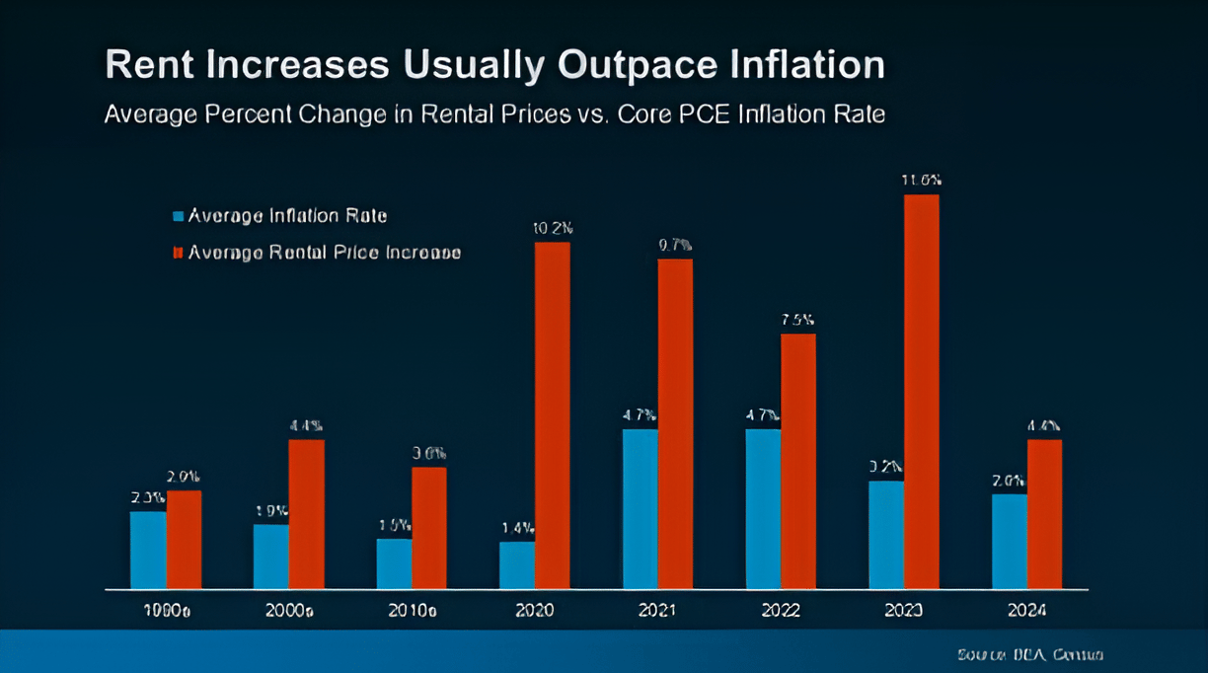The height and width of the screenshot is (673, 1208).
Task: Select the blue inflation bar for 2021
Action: [640, 509]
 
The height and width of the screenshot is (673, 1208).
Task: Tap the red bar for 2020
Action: [552, 415]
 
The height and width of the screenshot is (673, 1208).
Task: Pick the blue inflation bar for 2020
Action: [516, 565]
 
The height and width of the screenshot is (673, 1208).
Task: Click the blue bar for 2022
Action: [763, 509]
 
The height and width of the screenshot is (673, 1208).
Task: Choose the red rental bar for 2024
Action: [1044, 514]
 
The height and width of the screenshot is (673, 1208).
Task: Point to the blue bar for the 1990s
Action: [148, 550]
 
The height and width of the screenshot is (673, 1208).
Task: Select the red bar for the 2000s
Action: [306, 514]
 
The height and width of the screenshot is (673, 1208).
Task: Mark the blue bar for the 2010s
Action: [394, 563]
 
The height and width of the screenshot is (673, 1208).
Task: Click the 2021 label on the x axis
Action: [657, 611]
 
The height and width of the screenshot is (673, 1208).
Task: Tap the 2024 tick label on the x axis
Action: [1027, 611]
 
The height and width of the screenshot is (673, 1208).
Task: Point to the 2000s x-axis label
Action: [289, 611]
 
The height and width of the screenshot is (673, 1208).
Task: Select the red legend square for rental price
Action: [179, 253]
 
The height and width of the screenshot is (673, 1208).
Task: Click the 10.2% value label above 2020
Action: [553, 228]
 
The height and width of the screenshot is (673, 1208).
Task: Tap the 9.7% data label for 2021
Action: [675, 245]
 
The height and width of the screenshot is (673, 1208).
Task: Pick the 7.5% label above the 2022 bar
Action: [798, 320]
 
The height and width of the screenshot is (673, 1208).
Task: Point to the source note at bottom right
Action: [1029, 654]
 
